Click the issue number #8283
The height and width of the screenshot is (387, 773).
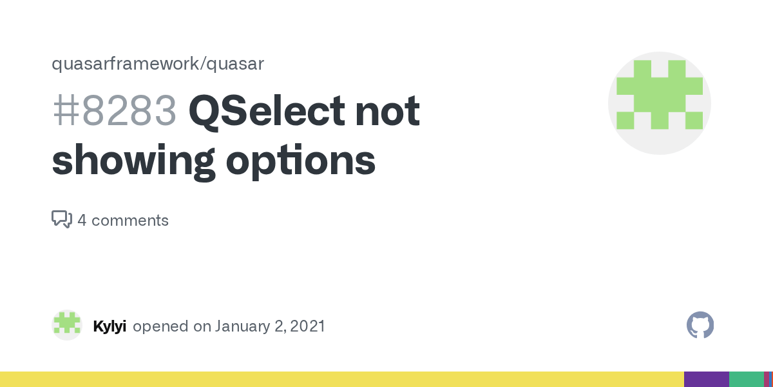pos(114,112)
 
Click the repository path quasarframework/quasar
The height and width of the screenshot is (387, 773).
pos(158,64)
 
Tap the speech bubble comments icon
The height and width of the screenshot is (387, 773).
pos(61,220)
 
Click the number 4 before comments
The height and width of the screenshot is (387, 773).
pos(82,221)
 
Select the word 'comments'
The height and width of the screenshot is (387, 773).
pos(130,221)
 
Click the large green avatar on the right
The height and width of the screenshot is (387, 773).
pos(659,103)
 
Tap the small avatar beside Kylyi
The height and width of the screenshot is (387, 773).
pos(67,325)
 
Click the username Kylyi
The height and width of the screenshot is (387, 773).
pos(110,326)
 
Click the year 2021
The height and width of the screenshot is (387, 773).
pos(307,326)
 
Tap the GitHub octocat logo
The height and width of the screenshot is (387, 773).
pos(700,325)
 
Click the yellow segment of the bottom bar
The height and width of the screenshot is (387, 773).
pos(341,379)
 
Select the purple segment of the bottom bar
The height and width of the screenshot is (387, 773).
pos(706,379)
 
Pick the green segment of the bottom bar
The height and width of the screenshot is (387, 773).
pos(746,379)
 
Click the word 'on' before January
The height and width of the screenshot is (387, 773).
pos(202,326)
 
